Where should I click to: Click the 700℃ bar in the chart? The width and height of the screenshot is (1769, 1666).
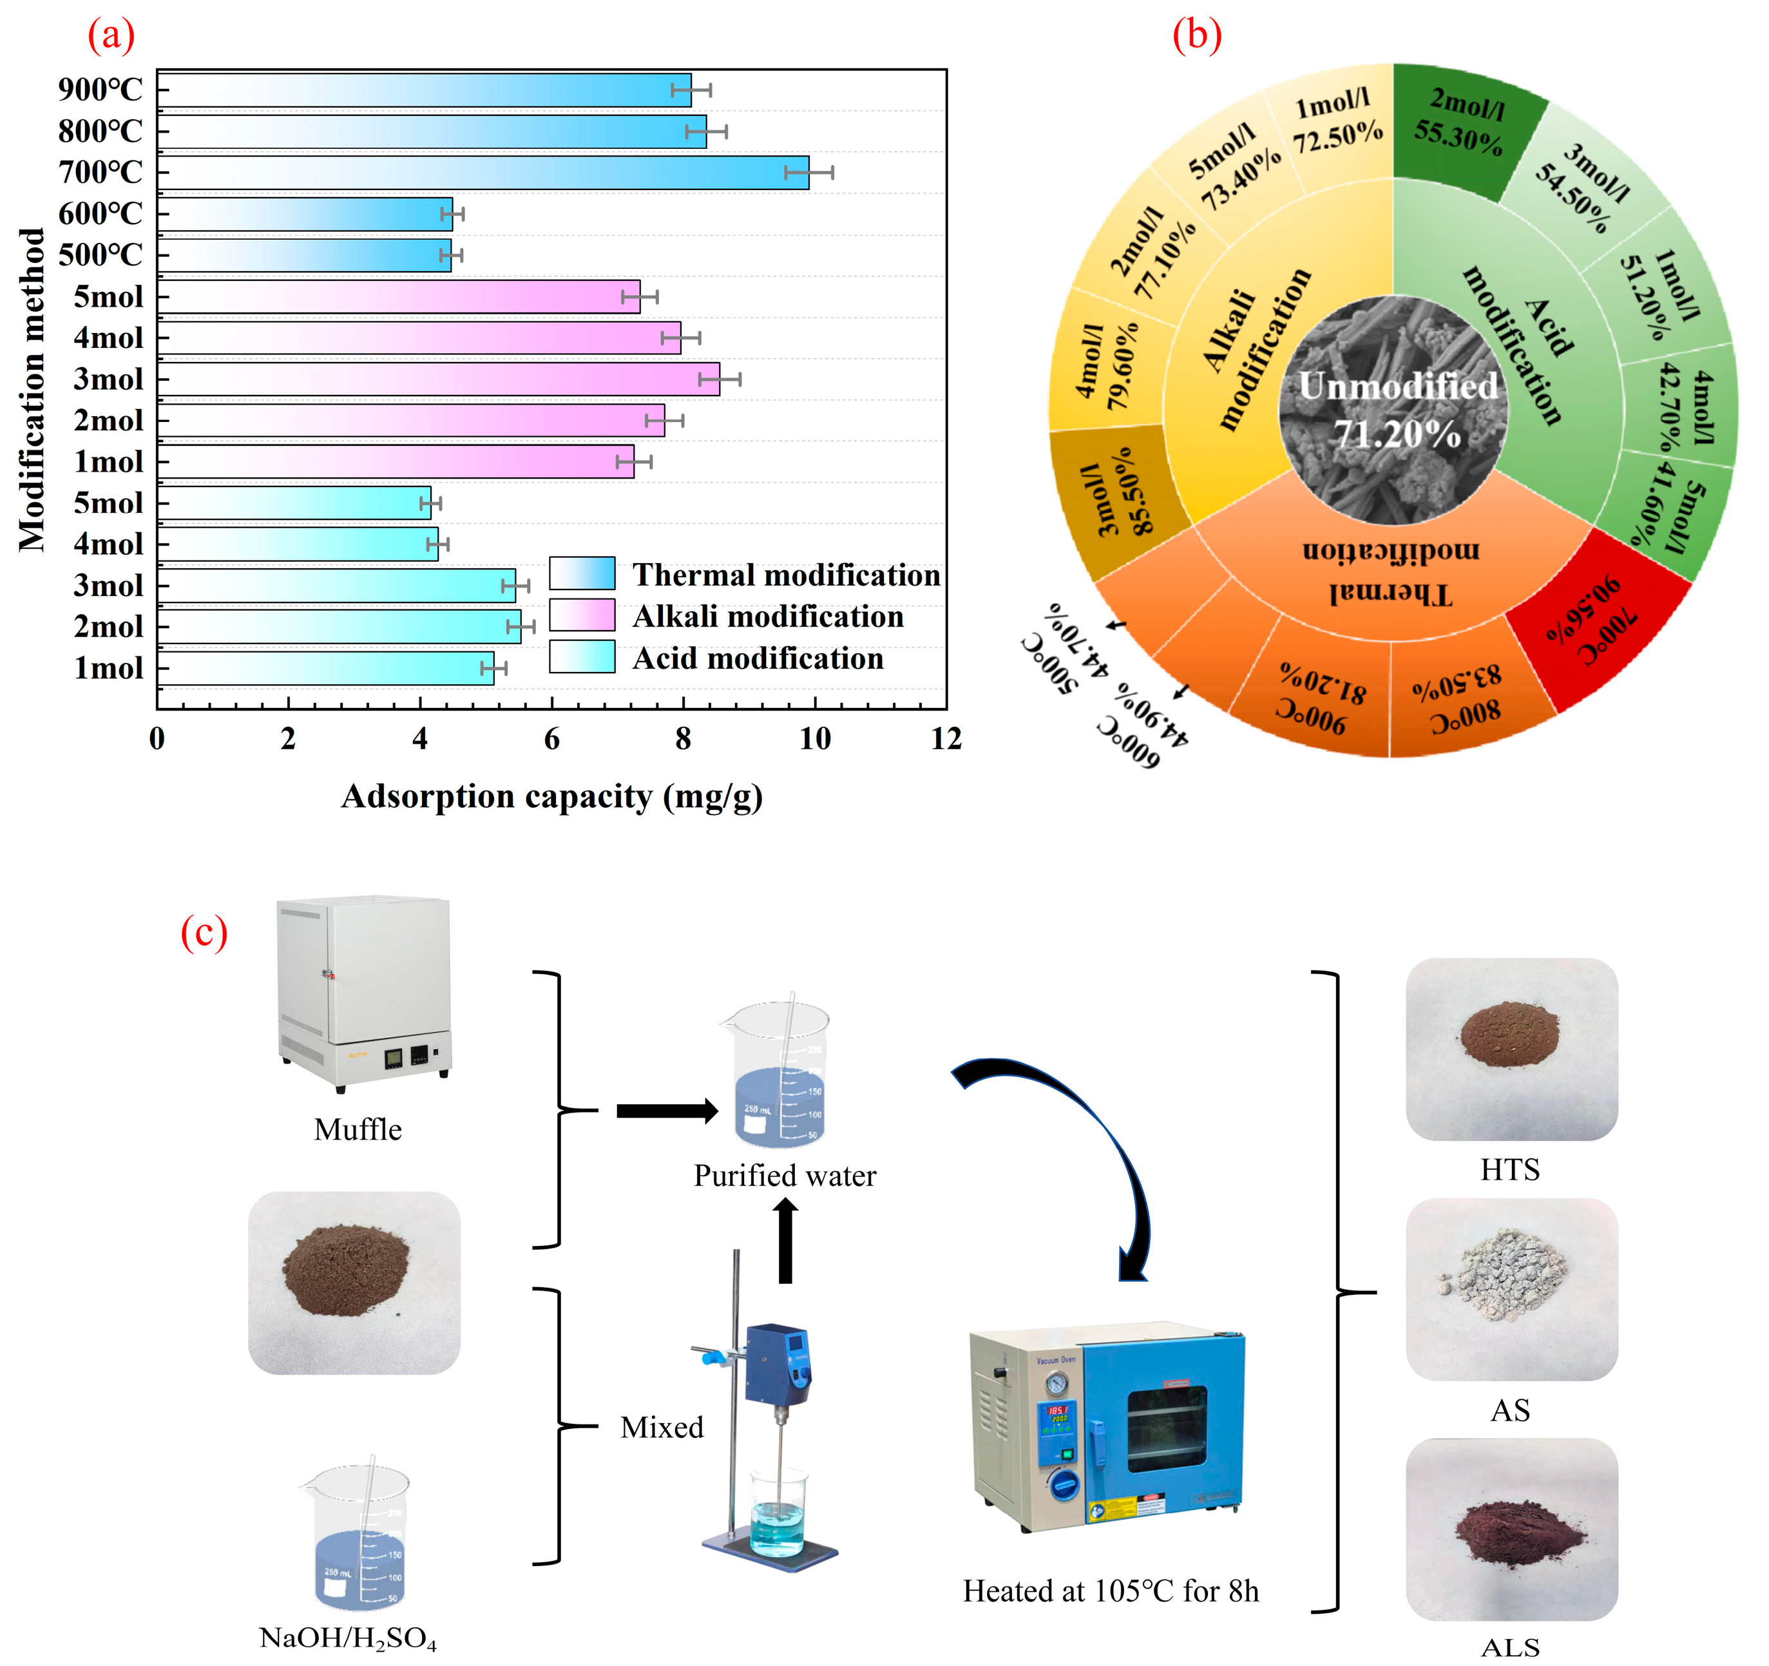485,173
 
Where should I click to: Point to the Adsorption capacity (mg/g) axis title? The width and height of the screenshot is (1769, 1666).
551,796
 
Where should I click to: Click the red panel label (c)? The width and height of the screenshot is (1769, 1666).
204,933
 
